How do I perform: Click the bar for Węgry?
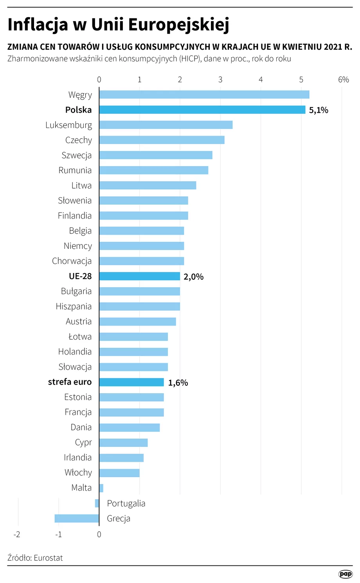point(204,95)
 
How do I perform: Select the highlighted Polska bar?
point(202,110)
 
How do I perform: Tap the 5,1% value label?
point(319,110)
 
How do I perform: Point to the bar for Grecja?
point(77,518)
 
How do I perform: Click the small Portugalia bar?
point(97,504)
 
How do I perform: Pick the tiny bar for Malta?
point(101,488)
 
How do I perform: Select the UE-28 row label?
point(80,276)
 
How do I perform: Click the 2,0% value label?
point(194,277)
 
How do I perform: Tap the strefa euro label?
point(70,382)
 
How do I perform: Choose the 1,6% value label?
point(178,383)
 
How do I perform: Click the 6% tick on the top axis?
point(343,80)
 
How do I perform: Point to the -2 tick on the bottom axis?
point(17,534)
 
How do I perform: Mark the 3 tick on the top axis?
point(220,80)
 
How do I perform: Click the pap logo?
point(346,574)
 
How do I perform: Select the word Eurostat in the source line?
point(48,558)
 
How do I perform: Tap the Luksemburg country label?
point(68,125)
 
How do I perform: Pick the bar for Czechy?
point(162,140)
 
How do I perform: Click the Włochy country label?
point(78,473)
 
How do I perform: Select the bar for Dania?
point(130,428)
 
